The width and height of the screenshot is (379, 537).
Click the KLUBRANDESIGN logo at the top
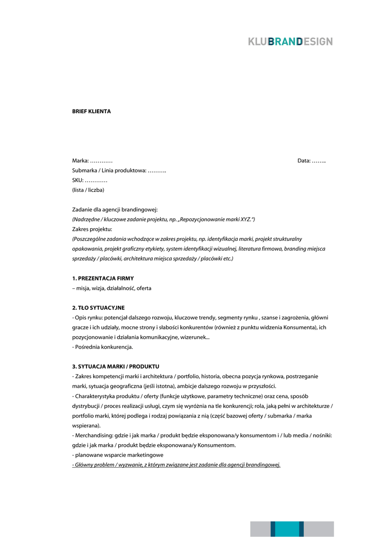291,41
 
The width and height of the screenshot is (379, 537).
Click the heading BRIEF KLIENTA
91,112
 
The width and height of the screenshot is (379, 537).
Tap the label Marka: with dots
92,160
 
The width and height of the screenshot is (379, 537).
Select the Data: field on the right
311,160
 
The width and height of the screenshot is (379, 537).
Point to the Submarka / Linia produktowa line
119,170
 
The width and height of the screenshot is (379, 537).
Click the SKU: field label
90,180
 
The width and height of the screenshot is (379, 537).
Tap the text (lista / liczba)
88,190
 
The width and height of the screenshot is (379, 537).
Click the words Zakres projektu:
92,229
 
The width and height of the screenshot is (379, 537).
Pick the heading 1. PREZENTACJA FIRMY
103,278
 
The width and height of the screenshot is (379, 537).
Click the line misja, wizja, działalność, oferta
112,288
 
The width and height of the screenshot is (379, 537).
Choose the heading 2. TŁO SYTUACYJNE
98,307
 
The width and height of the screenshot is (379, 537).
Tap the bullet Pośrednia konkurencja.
103,347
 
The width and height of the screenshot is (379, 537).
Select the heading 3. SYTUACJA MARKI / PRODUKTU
116,366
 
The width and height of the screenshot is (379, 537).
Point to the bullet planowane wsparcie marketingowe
118,455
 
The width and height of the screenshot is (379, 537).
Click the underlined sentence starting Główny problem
176,465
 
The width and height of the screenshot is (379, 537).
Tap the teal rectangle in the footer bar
287,529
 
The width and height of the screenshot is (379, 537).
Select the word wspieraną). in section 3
86,425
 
